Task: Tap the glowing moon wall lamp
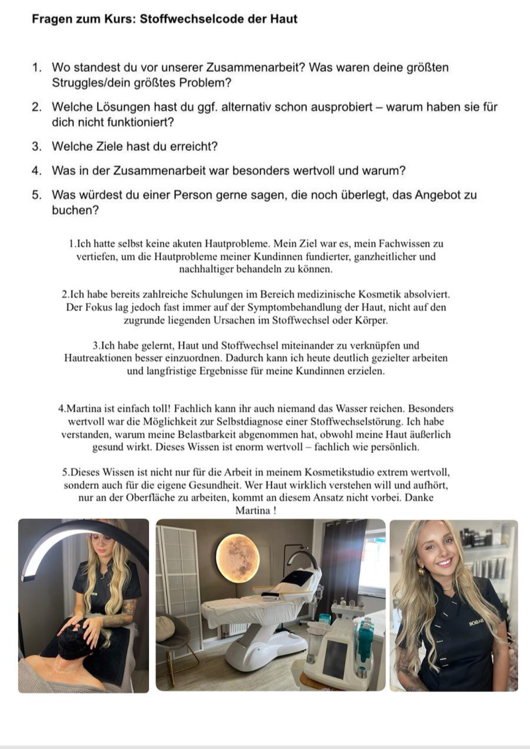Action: click(x=237, y=557)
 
